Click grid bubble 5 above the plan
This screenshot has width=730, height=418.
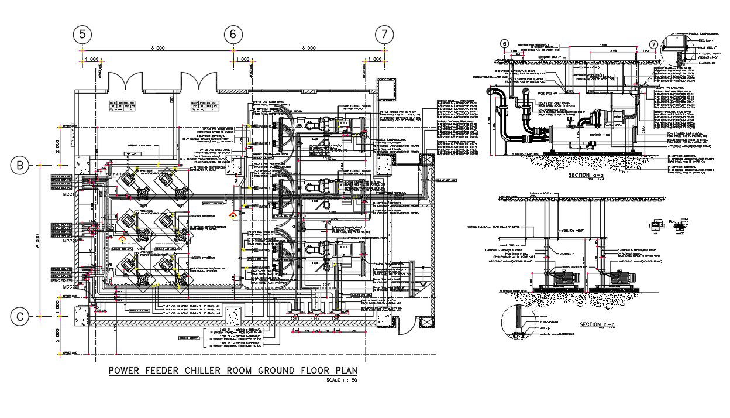(x=82, y=35)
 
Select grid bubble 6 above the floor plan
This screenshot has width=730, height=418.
(x=233, y=35)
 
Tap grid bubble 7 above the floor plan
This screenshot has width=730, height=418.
(x=384, y=35)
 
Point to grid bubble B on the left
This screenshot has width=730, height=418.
(x=20, y=166)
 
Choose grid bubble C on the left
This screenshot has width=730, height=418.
(x=20, y=317)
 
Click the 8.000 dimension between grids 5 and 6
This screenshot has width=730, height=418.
(x=157, y=49)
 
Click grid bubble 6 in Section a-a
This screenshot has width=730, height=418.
(x=505, y=43)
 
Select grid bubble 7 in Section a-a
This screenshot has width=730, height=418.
(x=655, y=45)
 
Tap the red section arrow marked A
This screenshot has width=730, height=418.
(x=234, y=215)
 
